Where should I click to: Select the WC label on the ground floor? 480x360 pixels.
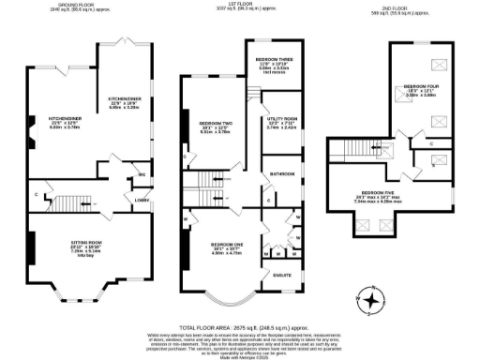tap(140, 174)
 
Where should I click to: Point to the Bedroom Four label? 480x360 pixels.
tap(422, 88)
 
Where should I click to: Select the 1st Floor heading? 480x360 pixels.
tap(232, 6)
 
